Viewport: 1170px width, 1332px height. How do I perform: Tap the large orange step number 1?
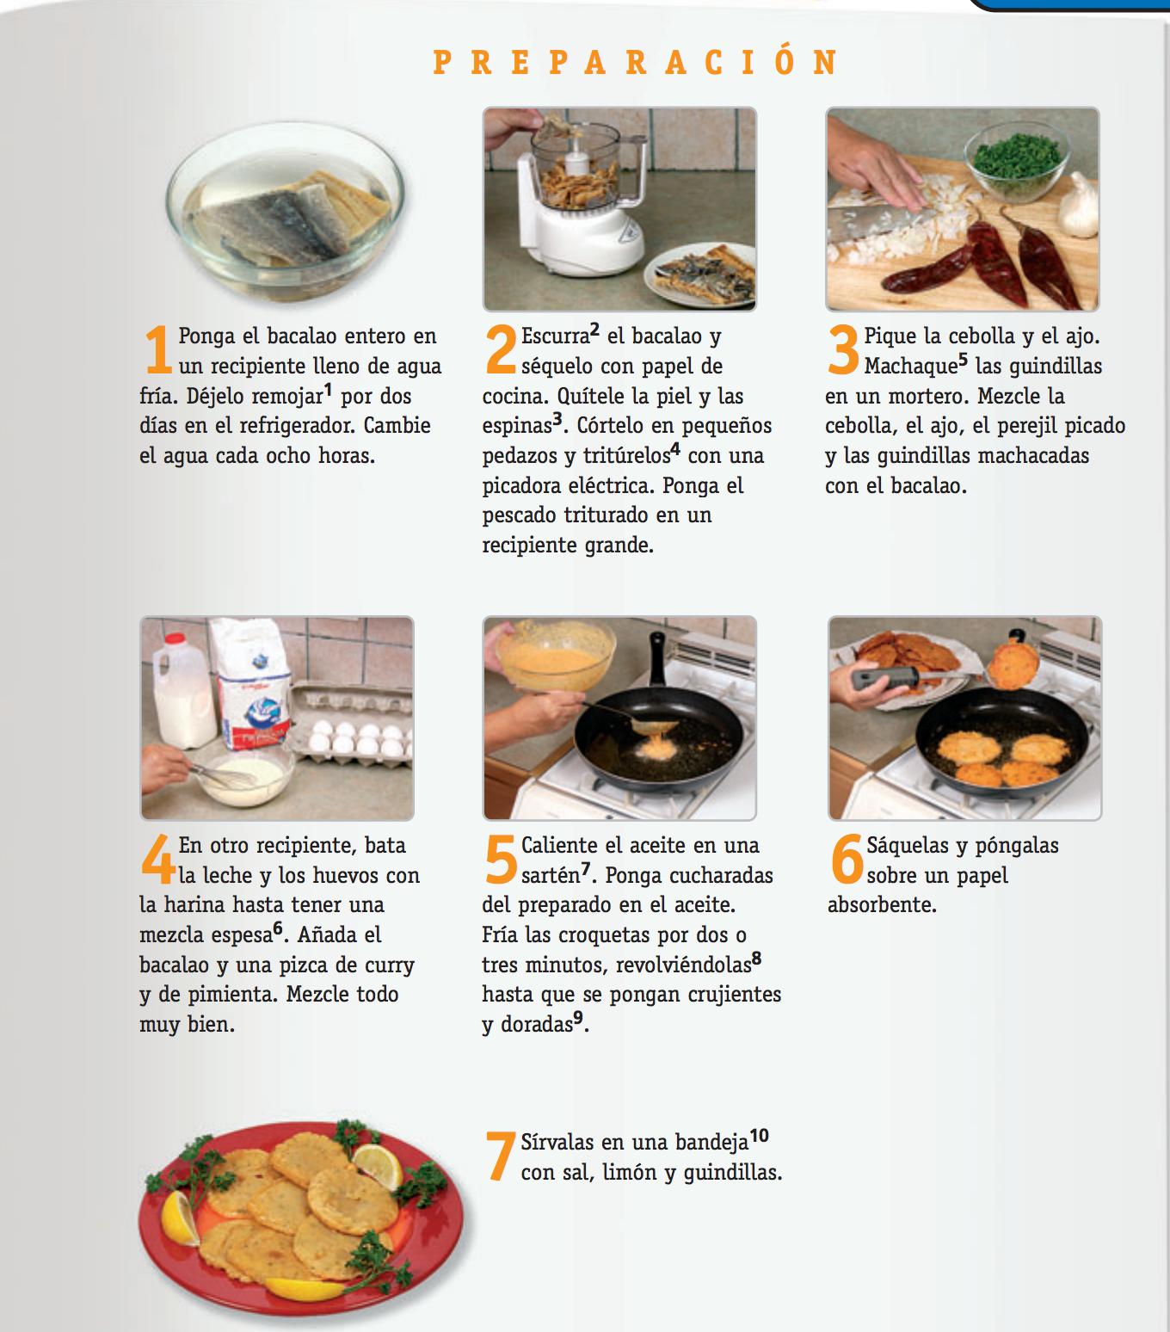click(157, 349)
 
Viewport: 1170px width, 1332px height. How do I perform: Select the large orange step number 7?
click(500, 1156)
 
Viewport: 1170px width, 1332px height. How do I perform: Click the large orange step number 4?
click(157, 859)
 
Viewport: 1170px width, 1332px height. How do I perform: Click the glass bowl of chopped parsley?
click(1016, 161)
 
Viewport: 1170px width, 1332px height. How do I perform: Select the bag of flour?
click(253, 684)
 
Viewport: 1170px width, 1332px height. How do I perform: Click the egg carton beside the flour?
click(352, 726)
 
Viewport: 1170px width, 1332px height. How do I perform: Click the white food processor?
click(578, 197)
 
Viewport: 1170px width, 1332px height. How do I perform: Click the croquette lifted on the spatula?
click(1013, 665)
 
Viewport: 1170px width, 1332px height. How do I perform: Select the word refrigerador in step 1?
click(297, 426)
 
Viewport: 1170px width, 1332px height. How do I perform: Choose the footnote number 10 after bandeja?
click(759, 1136)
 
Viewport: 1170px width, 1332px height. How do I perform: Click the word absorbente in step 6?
click(882, 904)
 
